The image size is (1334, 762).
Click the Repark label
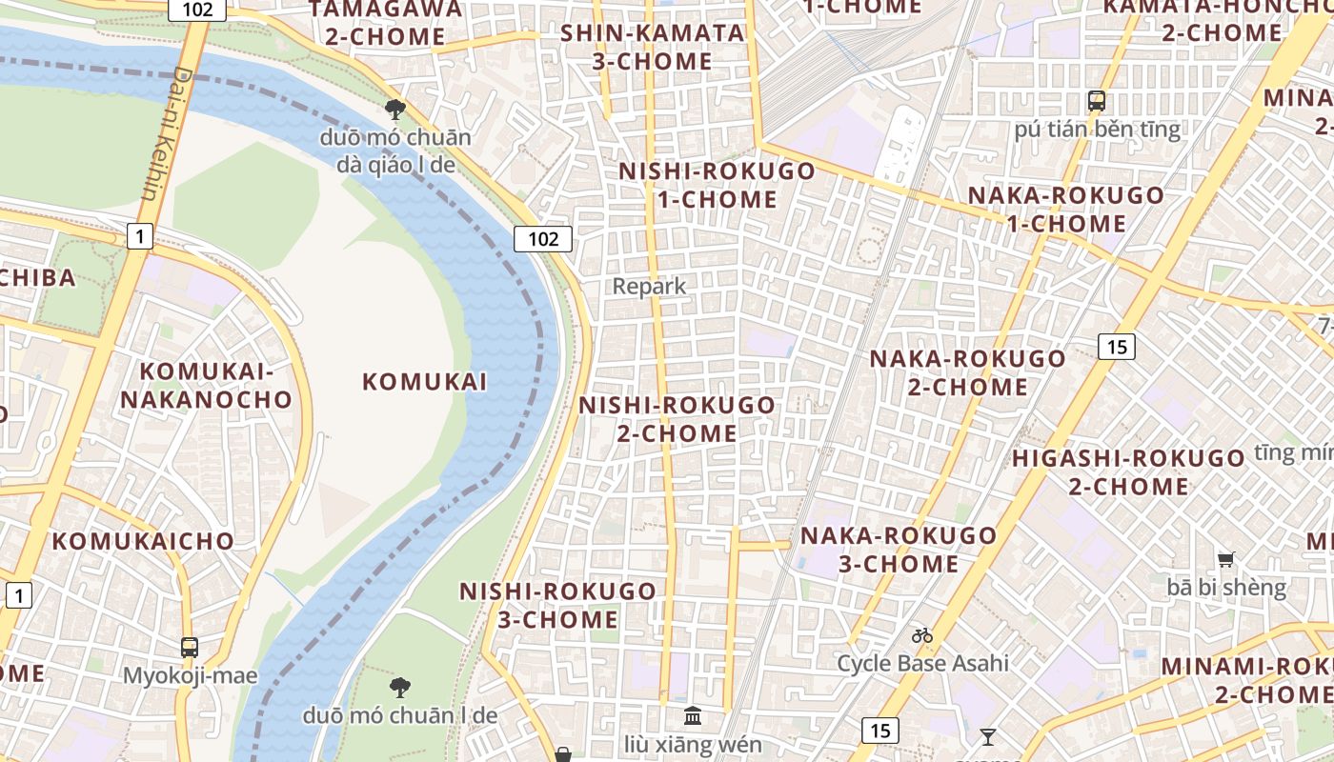click(x=649, y=286)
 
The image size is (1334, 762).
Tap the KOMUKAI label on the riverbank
click(x=424, y=382)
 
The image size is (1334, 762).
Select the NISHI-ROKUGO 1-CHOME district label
click(x=717, y=186)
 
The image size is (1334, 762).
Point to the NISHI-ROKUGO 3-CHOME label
click(x=557, y=605)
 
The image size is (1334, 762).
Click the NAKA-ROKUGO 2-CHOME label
click(x=967, y=372)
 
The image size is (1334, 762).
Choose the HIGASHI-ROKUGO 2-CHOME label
click(x=1128, y=472)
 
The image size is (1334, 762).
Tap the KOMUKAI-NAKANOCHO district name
click(x=206, y=386)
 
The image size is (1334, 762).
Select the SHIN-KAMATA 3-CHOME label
click(x=652, y=47)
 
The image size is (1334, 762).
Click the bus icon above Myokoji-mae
click(x=190, y=648)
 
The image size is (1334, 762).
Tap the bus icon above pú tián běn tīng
click(x=1097, y=100)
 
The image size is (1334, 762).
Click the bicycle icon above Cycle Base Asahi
click(x=921, y=635)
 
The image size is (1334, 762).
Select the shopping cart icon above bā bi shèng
click(x=1226, y=560)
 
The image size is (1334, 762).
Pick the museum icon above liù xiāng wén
click(x=693, y=715)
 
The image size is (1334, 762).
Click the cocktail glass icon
click(x=987, y=736)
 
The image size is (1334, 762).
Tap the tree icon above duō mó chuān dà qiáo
click(x=395, y=110)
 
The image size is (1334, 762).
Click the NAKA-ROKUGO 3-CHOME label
click(x=898, y=550)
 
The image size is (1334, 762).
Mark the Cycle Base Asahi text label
click(x=922, y=663)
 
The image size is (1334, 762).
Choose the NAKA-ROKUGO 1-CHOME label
click(x=1065, y=210)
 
